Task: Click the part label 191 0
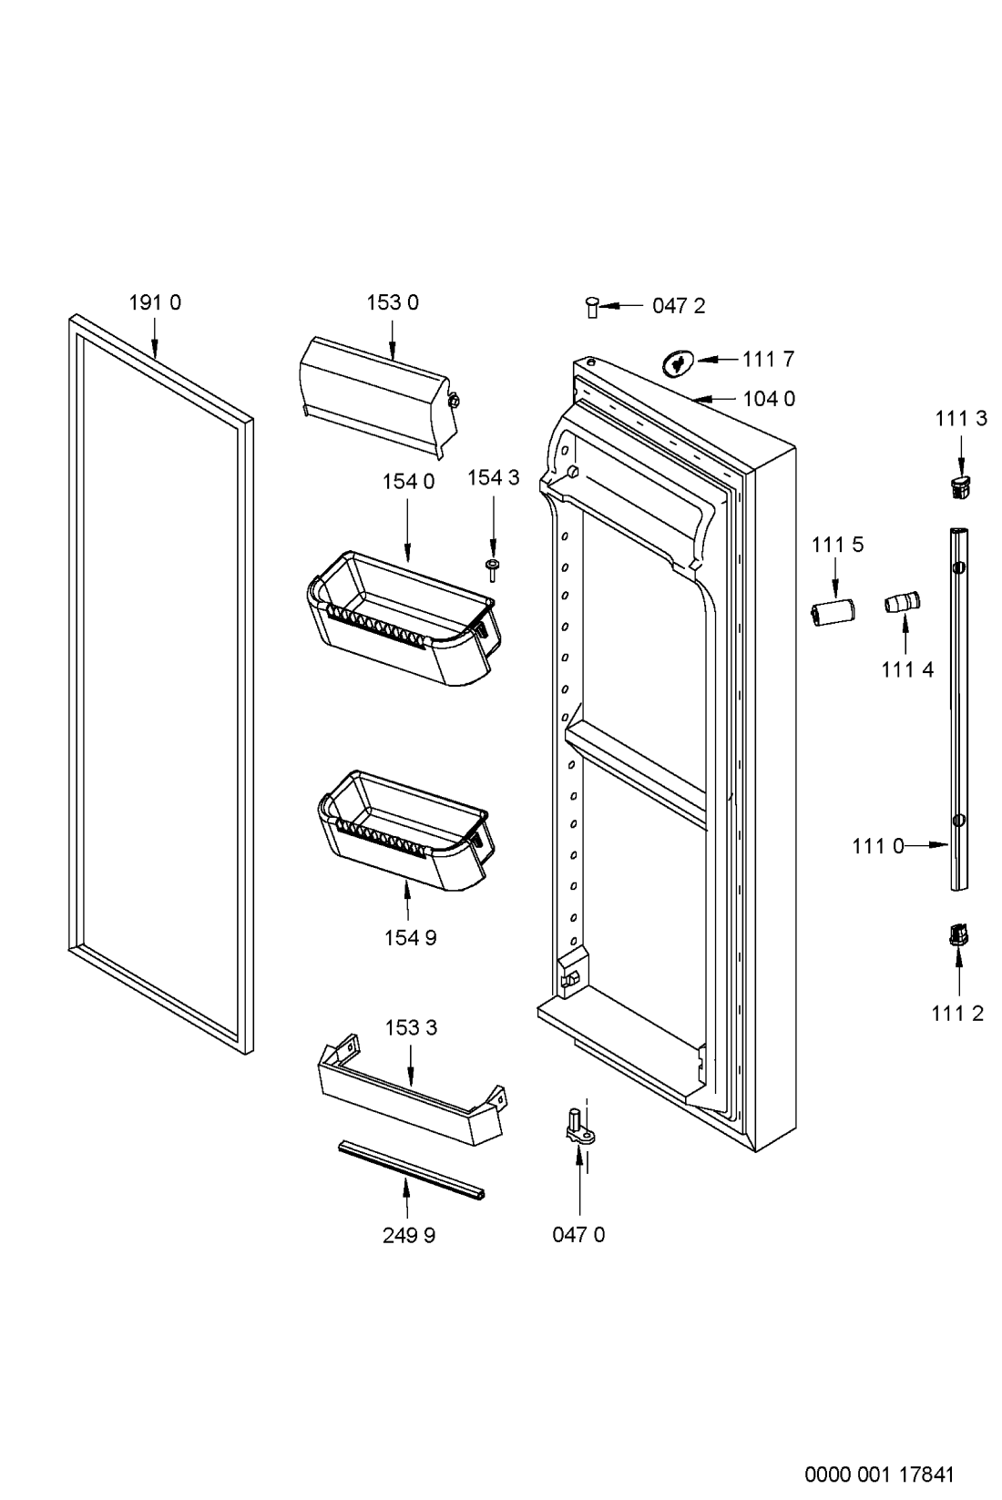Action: [155, 302]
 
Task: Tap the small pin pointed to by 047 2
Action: [591, 307]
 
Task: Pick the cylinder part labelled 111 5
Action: [833, 612]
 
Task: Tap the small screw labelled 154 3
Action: [492, 570]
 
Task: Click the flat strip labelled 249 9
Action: [411, 1170]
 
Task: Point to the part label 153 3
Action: [411, 1027]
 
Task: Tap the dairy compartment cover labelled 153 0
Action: [378, 396]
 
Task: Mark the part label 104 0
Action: [769, 399]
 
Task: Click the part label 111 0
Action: [877, 846]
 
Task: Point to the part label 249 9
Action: [409, 1236]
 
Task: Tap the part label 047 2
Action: [679, 306]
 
